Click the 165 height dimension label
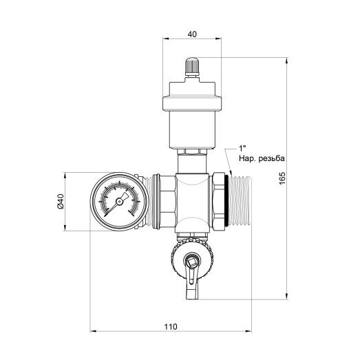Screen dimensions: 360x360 [282, 178]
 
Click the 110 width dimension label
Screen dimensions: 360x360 [171, 326]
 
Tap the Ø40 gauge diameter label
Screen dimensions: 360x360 [60, 201]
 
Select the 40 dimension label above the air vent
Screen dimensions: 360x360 [192, 34]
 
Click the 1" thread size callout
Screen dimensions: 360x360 [242, 148]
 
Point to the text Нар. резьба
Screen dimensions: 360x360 [262, 158]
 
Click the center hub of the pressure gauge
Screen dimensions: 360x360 [119, 202]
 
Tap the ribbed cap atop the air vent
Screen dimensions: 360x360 [192, 65]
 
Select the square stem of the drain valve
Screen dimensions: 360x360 [191, 262]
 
